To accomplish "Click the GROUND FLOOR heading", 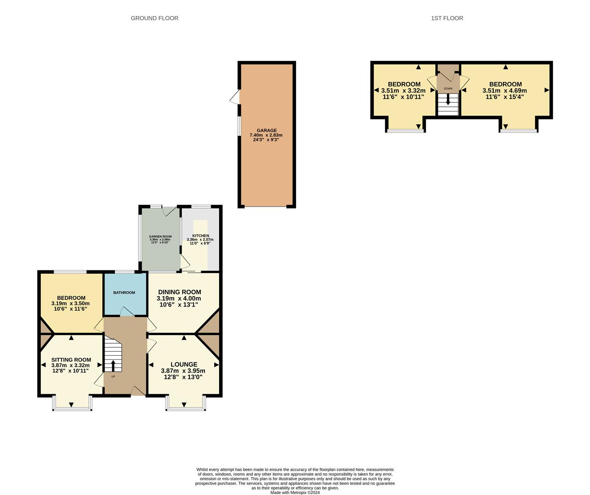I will [154, 18].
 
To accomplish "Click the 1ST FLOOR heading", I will [447, 18].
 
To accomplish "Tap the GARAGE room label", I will [266, 131].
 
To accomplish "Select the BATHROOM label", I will [124, 293].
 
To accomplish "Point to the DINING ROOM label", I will [179, 292].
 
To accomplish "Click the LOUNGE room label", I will [184, 364].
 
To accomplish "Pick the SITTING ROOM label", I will [71, 360].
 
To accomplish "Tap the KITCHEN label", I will [200, 236].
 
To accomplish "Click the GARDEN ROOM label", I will [160, 236].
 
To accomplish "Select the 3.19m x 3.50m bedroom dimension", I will [71, 303].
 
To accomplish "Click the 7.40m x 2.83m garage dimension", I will [266, 135].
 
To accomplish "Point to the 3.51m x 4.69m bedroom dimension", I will [505, 91].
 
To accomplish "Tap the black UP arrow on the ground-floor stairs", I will [113, 365].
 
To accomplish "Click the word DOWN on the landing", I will [448, 88].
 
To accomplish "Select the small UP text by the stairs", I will [113, 377].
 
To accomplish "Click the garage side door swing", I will [235, 97].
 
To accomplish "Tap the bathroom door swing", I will [127, 311].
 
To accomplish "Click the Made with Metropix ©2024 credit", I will [295, 493].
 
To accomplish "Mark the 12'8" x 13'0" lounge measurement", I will [183, 377].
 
